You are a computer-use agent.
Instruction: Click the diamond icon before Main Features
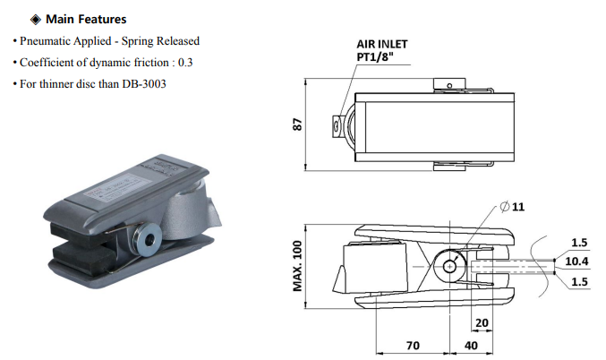[x=36, y=20]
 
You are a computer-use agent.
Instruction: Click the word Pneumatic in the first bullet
[x=46, y=41]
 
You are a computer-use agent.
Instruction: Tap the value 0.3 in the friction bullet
[x=185, y=63]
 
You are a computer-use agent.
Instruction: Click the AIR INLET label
[x=382, y=44]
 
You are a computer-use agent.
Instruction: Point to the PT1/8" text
[x=375, y=56]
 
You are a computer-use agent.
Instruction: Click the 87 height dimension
[x=297, y=124]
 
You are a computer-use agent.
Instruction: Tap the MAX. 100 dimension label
[x=297, y=266]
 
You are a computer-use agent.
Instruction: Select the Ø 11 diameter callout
[x=512, y=207]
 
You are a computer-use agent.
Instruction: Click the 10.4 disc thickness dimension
[x=576, y=261]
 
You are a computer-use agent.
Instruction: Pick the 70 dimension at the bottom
[x=413, y=345]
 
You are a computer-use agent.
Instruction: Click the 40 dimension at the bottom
[x=471, y=345]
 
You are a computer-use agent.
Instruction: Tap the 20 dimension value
[x=482, y=322]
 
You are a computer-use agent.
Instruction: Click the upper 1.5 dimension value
[x=579, y=243]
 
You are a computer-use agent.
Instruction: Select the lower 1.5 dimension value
[x=579, y=281]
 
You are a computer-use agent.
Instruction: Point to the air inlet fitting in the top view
[x=337, y=125]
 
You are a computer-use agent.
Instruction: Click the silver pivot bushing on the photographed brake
[x=148, y=239]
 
